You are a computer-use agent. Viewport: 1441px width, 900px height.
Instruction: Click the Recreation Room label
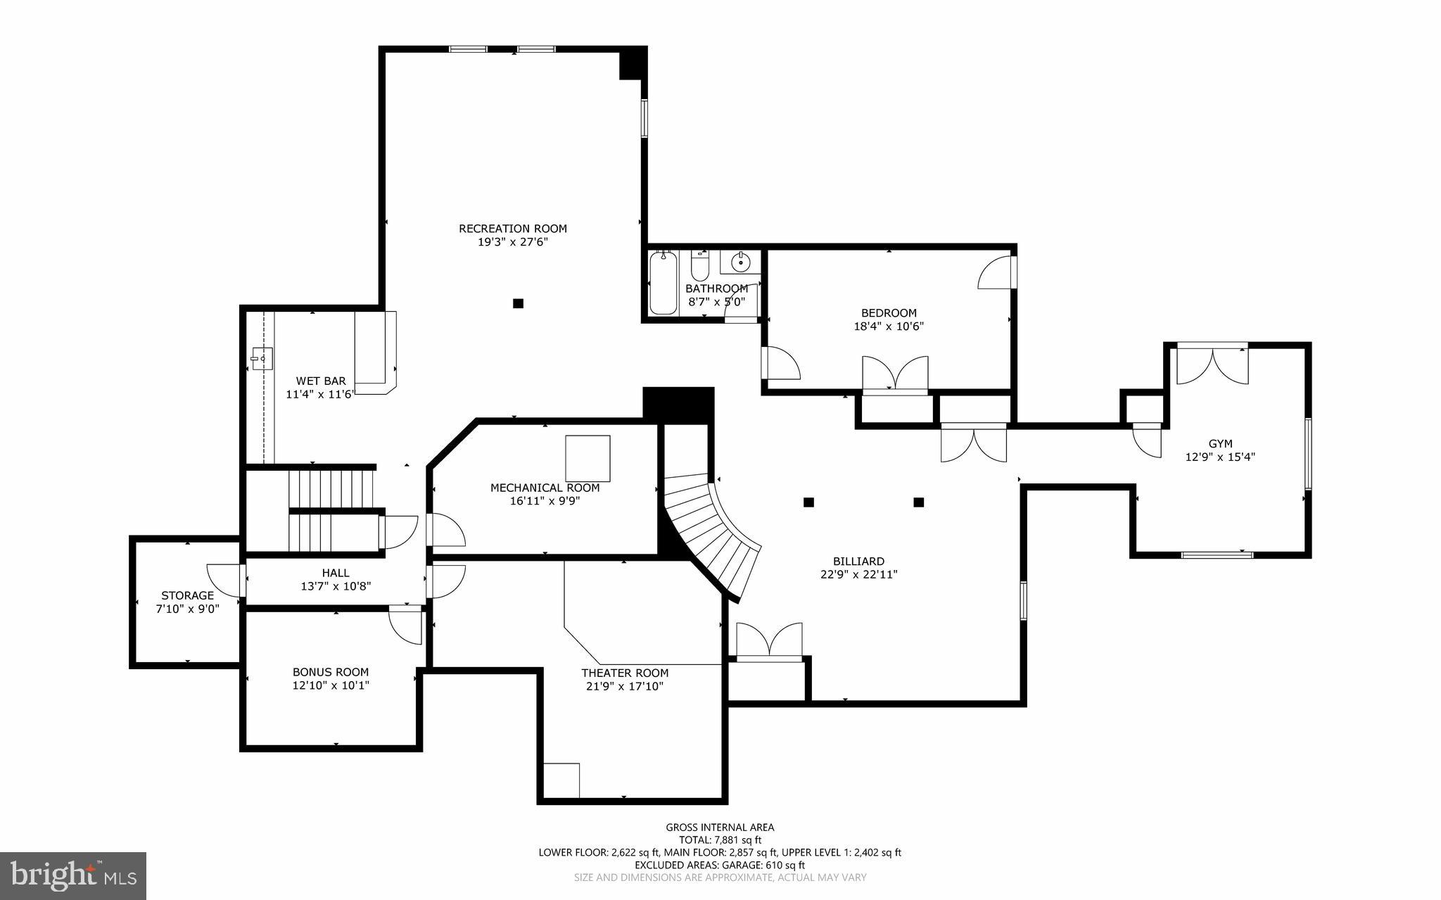pos(512,229)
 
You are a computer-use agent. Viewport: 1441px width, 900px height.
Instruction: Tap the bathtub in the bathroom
pos(663,283)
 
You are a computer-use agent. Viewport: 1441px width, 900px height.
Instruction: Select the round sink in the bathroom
pos(740,262)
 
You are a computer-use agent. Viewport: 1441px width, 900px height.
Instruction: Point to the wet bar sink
pos(261,359)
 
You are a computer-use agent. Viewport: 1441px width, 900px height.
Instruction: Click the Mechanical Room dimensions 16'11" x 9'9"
pos(545,501)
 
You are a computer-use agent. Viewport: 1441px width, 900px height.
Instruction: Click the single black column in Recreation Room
pos(518,303)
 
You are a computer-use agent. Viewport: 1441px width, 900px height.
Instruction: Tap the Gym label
pos(1220,444)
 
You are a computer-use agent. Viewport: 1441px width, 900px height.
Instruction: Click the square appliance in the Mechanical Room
pos(588,458)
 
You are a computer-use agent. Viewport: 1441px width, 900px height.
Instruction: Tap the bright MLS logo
pos(73,875)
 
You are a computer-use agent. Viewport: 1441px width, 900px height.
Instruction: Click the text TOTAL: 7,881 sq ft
pos(720,840)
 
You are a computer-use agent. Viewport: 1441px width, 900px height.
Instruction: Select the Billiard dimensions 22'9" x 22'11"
pos(858,574)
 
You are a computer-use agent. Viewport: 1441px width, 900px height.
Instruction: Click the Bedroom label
pos(889,313)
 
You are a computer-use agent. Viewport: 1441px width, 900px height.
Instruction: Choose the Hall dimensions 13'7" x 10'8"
pos(336,586)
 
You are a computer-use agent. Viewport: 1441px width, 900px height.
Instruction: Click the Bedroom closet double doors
pos(895,374)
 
